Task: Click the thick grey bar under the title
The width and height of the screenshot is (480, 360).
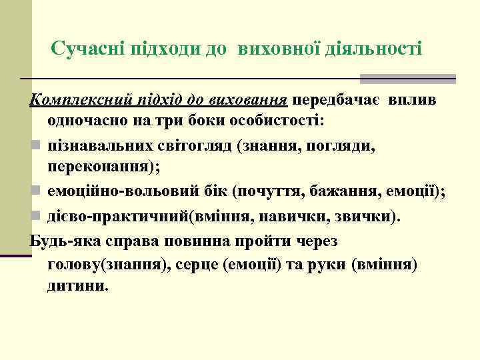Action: (x=407, y=79)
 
